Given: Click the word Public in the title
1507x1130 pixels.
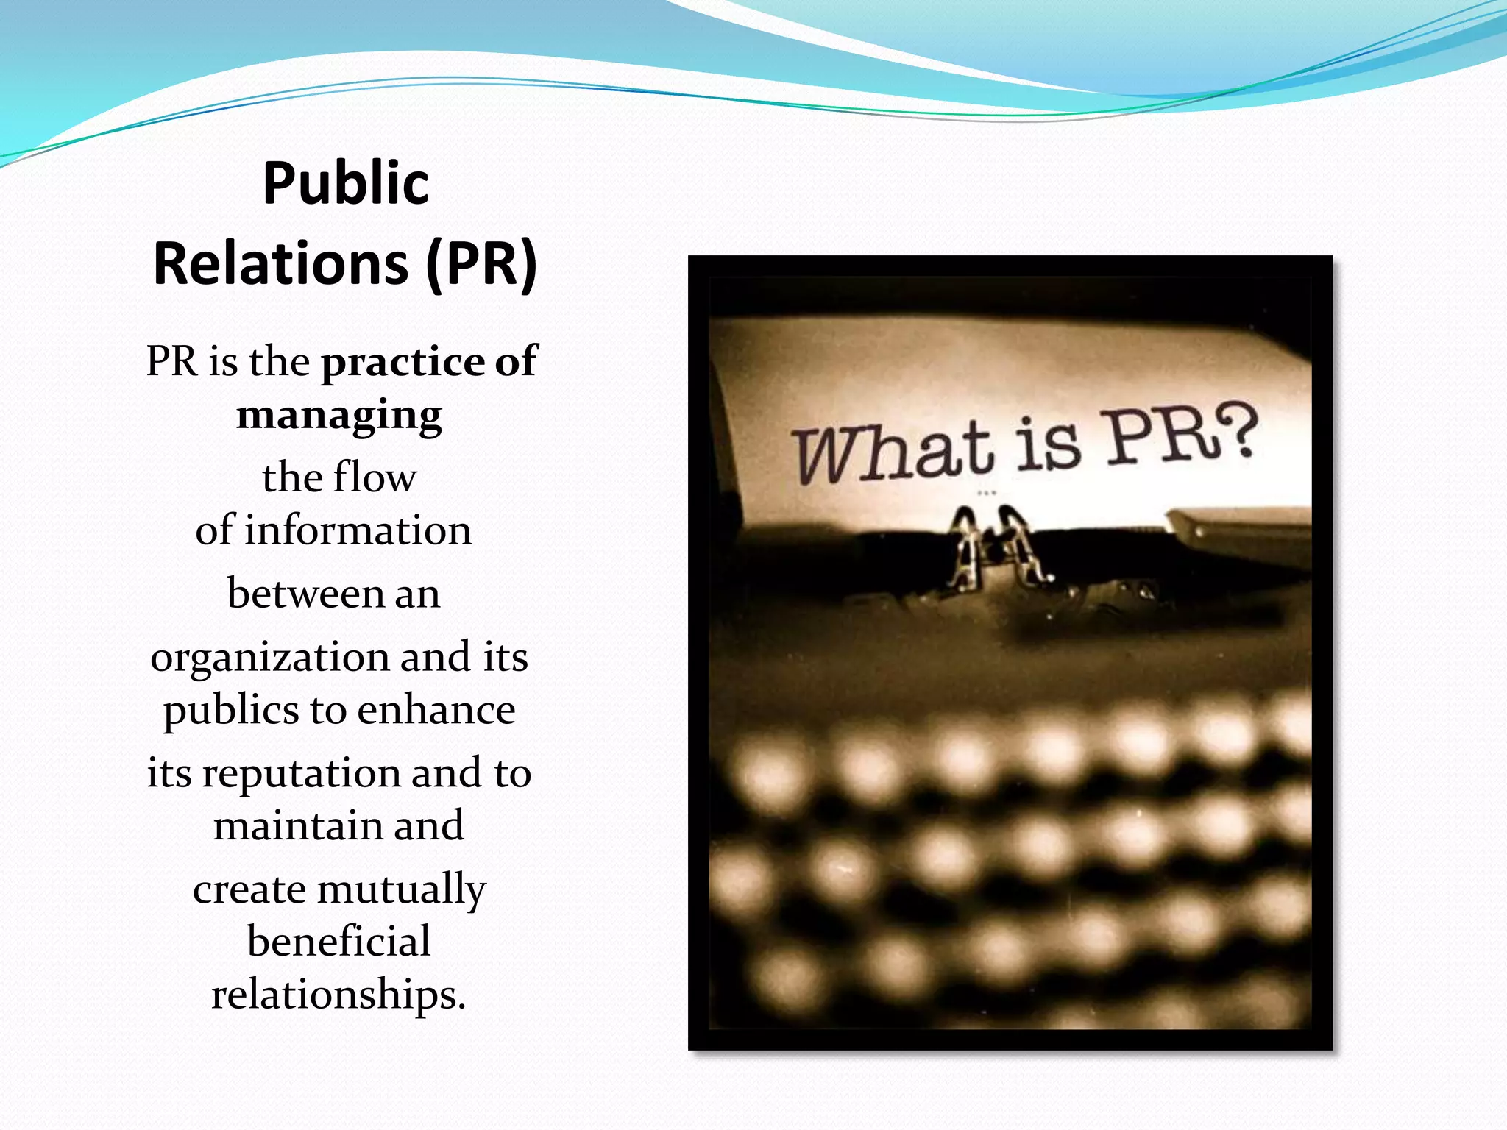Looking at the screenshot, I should (345, 183).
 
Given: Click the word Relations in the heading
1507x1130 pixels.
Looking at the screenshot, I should (280, 264).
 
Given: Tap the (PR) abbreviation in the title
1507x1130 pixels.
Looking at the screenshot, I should (482, 264).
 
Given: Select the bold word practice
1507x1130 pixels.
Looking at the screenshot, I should (403, 362).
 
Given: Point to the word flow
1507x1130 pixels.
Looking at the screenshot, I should (375, 477).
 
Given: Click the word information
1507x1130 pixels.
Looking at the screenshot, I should (358, 530).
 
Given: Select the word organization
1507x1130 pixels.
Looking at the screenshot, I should (269, 658).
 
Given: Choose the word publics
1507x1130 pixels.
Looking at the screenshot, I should (231, 711).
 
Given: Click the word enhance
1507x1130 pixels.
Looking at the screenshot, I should (436, 710).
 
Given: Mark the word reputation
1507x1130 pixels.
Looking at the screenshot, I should (301, 774).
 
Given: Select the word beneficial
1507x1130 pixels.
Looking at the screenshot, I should (338, 942).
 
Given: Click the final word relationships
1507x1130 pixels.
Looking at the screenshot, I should (338, 995).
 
